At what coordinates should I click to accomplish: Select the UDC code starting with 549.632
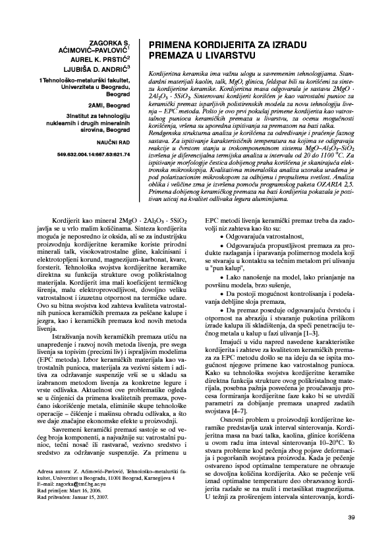pyautogui.click(x=94, y=154)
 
